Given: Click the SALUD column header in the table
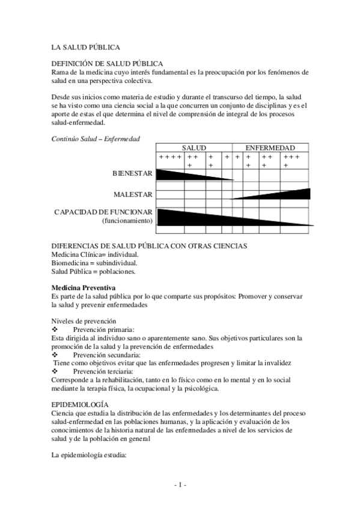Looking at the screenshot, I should [x=194, y=148].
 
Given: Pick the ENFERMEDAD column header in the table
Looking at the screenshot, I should [x=270, y=148].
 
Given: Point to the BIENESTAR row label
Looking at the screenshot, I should [x=132, y=174].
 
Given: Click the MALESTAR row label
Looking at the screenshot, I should [x=133, y=194].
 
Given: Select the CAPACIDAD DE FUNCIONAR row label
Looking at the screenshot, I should [x=103, y=212].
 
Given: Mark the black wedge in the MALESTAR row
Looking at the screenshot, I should [x=282, y=194].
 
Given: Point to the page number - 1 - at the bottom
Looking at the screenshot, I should [x=180, y=485].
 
